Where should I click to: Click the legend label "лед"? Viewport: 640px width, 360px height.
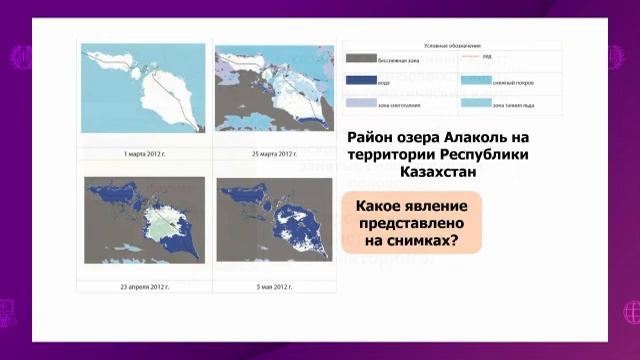[484, 57]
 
